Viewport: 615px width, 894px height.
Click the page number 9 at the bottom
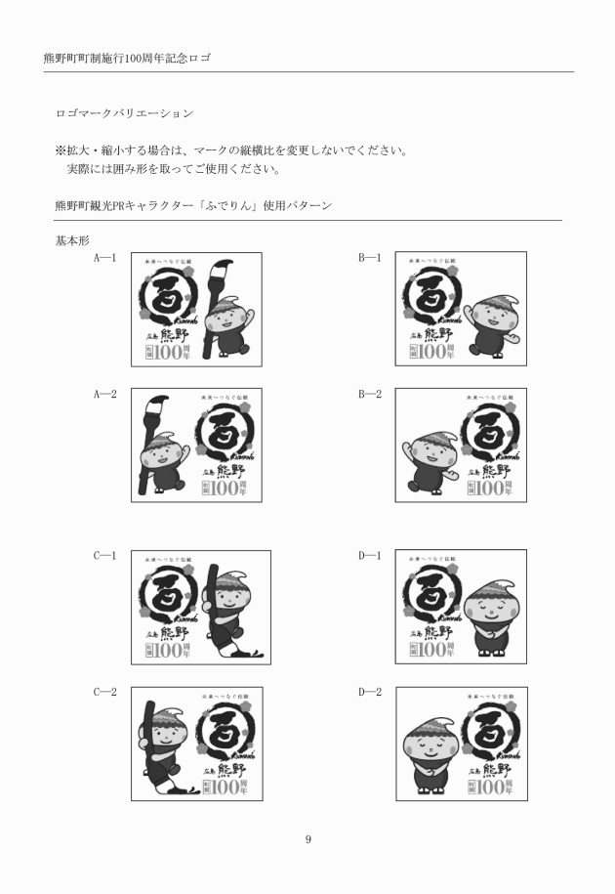307,839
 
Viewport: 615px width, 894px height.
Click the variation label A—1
105,258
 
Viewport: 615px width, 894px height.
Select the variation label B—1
369,258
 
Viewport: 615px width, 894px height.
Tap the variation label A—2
105,395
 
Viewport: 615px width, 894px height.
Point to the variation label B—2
369,395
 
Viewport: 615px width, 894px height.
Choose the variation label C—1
105,556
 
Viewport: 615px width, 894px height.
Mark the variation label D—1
369,556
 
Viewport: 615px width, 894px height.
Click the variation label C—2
105,693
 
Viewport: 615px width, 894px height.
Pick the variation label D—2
369,693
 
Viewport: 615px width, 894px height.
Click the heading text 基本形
72,239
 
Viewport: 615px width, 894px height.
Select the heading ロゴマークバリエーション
124,114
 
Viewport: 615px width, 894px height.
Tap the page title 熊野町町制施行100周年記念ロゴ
128,59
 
